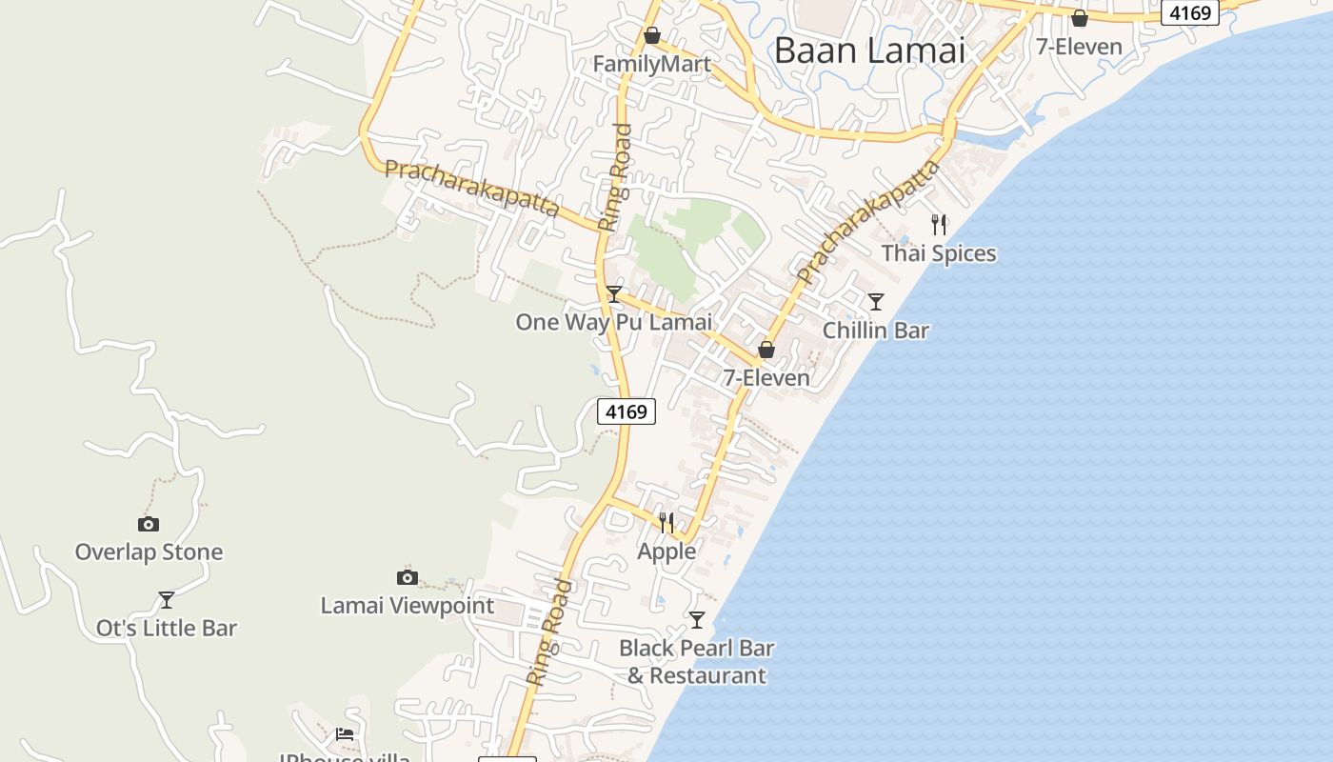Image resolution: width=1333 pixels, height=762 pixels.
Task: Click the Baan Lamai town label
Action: pyautogui.click(x=869, y=50)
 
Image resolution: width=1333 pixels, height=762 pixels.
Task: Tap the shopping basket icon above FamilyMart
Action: pyautogui.click(x=652, y=36)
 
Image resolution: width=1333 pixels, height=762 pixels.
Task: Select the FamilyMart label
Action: pyautogui.click(x=652, y=65)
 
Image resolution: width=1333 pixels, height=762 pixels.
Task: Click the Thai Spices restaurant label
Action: pyautogui.click(x=939, y=253)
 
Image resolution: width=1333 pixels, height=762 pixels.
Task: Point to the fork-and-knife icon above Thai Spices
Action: pyautogui.click(x=939, y=225)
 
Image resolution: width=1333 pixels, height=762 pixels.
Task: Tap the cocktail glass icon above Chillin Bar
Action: pyautogui.click(x=876, y=302)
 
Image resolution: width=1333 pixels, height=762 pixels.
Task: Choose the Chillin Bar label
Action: pyautogui.click(x=876, y=331)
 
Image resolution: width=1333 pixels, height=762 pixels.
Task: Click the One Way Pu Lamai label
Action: pyautogui.click(x=614, y=322)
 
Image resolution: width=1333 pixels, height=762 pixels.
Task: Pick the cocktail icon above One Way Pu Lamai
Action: pyautogui.click(x=614, y=293)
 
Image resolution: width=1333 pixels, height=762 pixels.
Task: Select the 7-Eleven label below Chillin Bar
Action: pyautogui.click(x=766, y=378)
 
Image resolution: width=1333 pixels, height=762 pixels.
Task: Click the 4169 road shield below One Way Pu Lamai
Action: pyautogui.click(x=627, y=411)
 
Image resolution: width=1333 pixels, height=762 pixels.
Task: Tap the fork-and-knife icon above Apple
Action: pyautogui.click(x=666, y=522)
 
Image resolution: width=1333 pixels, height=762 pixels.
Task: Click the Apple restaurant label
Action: pyautogui.click(x=666, y=551)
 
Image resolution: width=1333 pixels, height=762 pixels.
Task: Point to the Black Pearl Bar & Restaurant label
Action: pyautogui.click(x=697, y=661)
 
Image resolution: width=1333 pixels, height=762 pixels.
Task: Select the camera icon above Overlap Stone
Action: pyautogui.click(x=149, y=524)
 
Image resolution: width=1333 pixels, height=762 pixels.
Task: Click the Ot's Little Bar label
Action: pyautogui.click(x=167, y=629)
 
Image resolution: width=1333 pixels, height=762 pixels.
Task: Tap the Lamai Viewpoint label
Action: pyautogui.click(x=408, y=606)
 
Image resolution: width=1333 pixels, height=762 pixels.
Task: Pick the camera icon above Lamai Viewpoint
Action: pyautogui.click(x=408, y=577)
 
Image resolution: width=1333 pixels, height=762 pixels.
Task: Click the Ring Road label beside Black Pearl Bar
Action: pyautogui.click(x=551, y=632)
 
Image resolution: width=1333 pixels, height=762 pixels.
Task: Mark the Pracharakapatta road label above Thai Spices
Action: pyautogui.click(x=869, y=223)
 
